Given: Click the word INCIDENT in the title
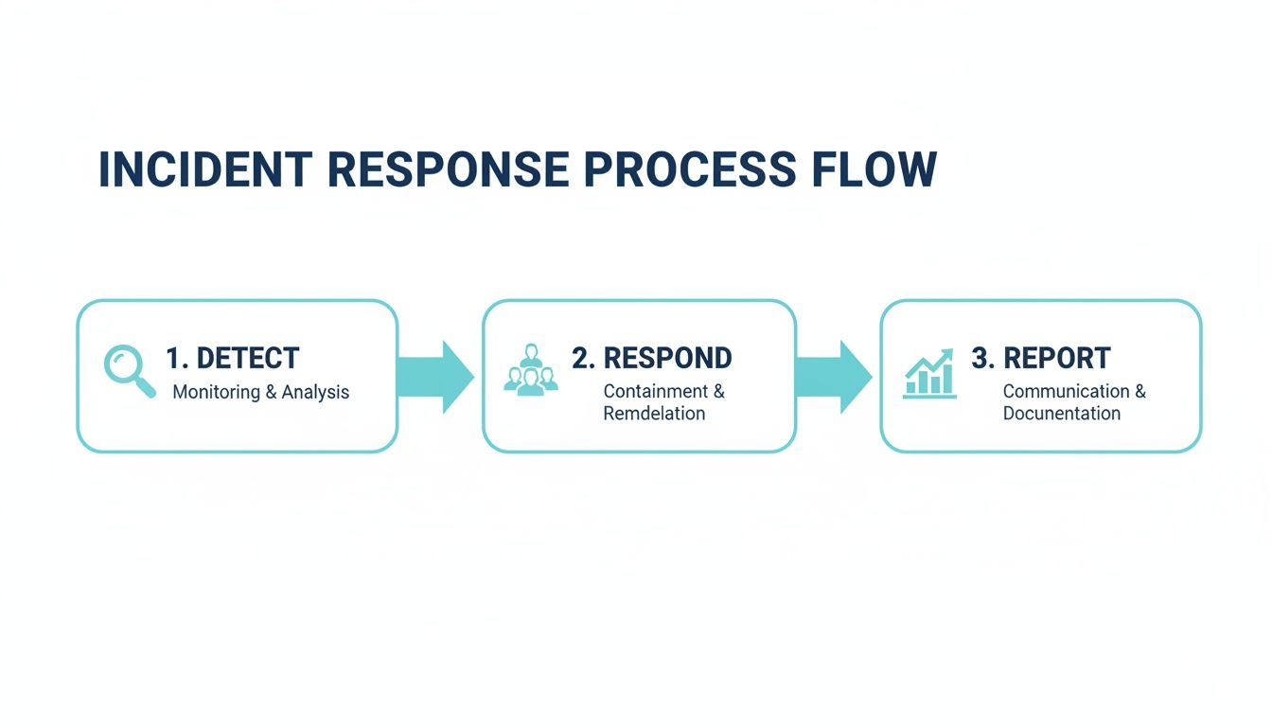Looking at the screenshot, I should (x=205, y=169).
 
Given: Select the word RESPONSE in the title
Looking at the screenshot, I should (x=449, y=169).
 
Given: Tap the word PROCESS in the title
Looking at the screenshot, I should (x=690, y=169).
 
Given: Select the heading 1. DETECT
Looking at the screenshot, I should (x=233, y=358).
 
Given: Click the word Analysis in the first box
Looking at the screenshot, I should (x=315, y=392).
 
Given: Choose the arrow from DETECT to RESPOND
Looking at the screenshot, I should (x=436, y=376).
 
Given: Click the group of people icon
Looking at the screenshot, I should (x=530, y=369).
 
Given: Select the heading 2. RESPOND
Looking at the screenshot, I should (x=651, y=358).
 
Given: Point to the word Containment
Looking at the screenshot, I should (x=656, y=391).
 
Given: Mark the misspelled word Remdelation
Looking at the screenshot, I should (x=654, y=414).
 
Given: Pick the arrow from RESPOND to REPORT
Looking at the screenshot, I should (x=834, y=376).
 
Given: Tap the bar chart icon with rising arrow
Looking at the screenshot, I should (x=929, y=373).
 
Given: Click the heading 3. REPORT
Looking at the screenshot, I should (x=1041, y=358).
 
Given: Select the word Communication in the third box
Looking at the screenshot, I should (x=1066, y=391).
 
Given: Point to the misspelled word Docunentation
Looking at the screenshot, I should (x=1062, y=414).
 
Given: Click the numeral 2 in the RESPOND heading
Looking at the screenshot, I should (x=579, y=358).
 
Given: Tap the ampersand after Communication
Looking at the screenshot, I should (x=1139, y=391).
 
